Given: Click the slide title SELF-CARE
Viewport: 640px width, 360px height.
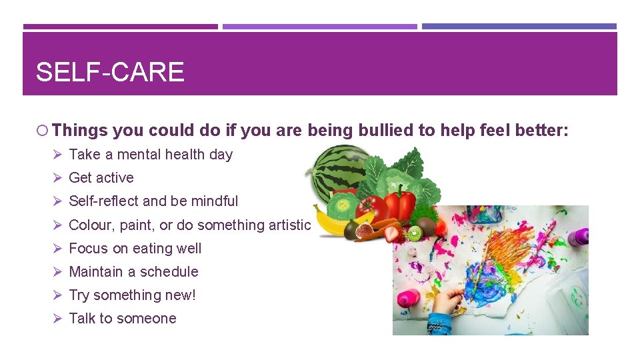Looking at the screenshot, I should [x=110, y=71].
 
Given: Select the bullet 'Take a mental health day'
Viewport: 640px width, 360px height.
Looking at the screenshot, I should [x=151, y=155].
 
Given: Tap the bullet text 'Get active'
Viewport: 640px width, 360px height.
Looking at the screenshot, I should [x=101, y=178].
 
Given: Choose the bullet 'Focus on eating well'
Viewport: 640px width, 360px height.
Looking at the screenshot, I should [x=135, y=249].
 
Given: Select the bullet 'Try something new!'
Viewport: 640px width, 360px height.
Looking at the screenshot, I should [x=132, y=295].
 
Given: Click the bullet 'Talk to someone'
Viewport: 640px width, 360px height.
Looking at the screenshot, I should [x=123, y=319].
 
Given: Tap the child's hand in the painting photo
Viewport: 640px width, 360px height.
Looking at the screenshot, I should [x=448, y=303].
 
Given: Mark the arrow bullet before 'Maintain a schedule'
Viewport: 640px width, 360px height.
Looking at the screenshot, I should [x=57, y=272].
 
